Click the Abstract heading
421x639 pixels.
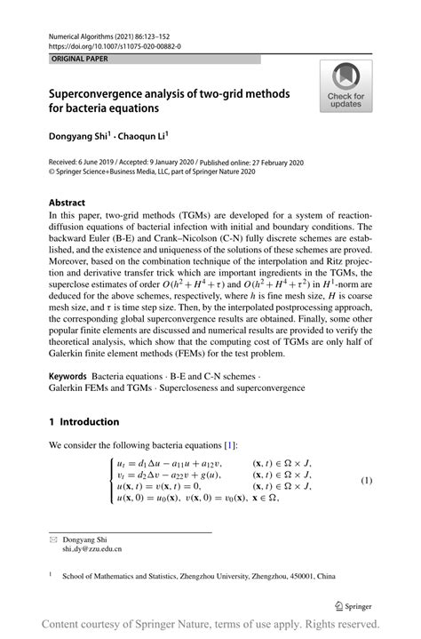[x=67, y=202]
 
